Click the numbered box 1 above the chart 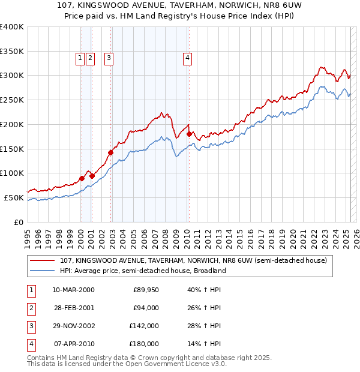click(x=80, y=58)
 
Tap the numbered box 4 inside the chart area click(x=188, y=58)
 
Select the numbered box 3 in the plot click(x=109, y=58)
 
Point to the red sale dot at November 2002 click(x=111, y=152)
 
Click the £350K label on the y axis click(x=12, y=52)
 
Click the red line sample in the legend click(x=43, y=261)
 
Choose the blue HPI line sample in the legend click(x=43, y=271)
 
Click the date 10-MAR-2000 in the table click(x=73, y=290)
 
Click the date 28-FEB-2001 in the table click(x=73, y=308)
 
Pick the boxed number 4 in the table click(x=31, y=344)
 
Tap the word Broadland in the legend click(x=209, y=271)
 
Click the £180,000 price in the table click(x=143, y=344)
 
